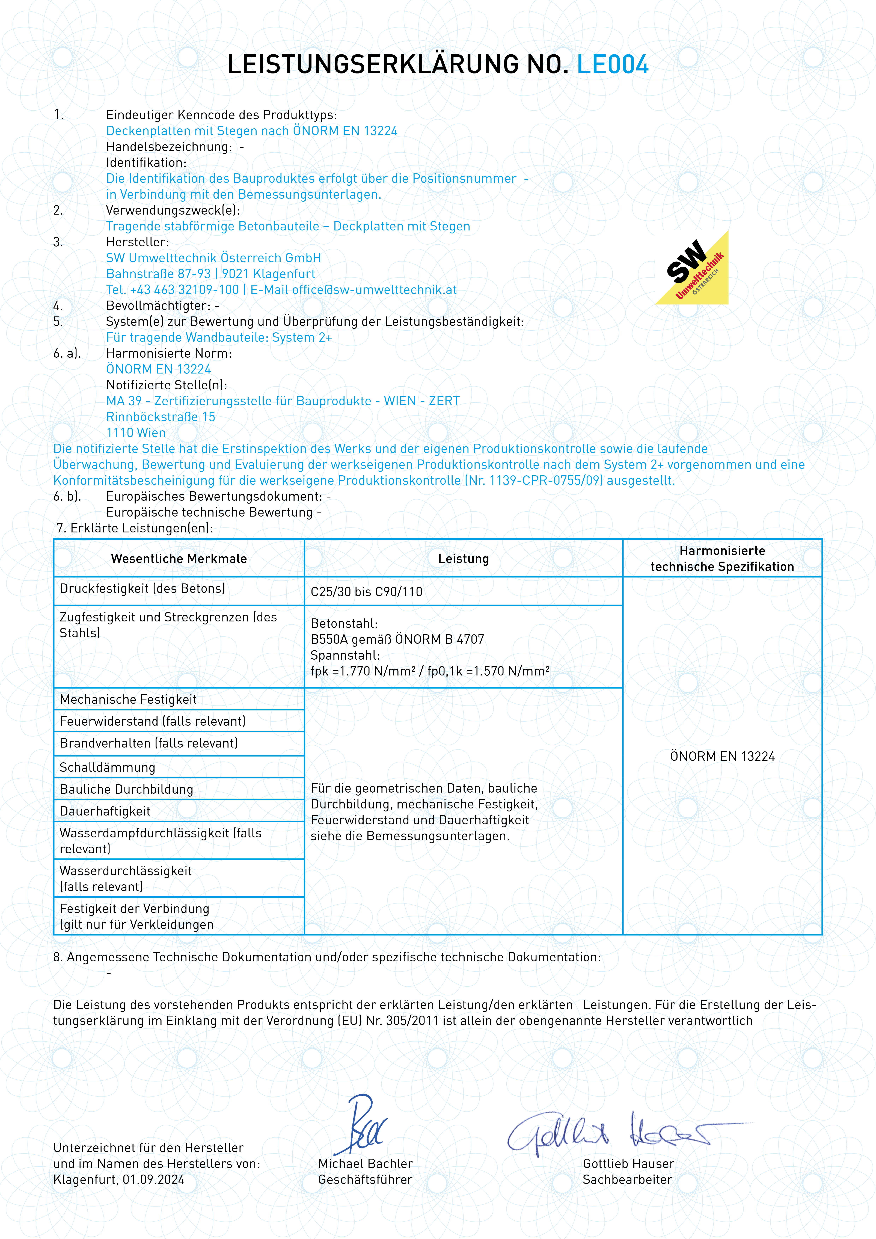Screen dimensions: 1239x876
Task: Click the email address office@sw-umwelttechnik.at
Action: point(374,290)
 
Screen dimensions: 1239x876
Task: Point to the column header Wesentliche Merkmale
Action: point(179,559)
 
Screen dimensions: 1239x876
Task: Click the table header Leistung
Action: point(463,559)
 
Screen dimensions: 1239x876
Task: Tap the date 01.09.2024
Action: point(154,1180)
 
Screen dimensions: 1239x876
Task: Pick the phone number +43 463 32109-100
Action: point(185,290)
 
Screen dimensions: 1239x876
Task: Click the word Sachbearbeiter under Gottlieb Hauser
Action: point(627,1180)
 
